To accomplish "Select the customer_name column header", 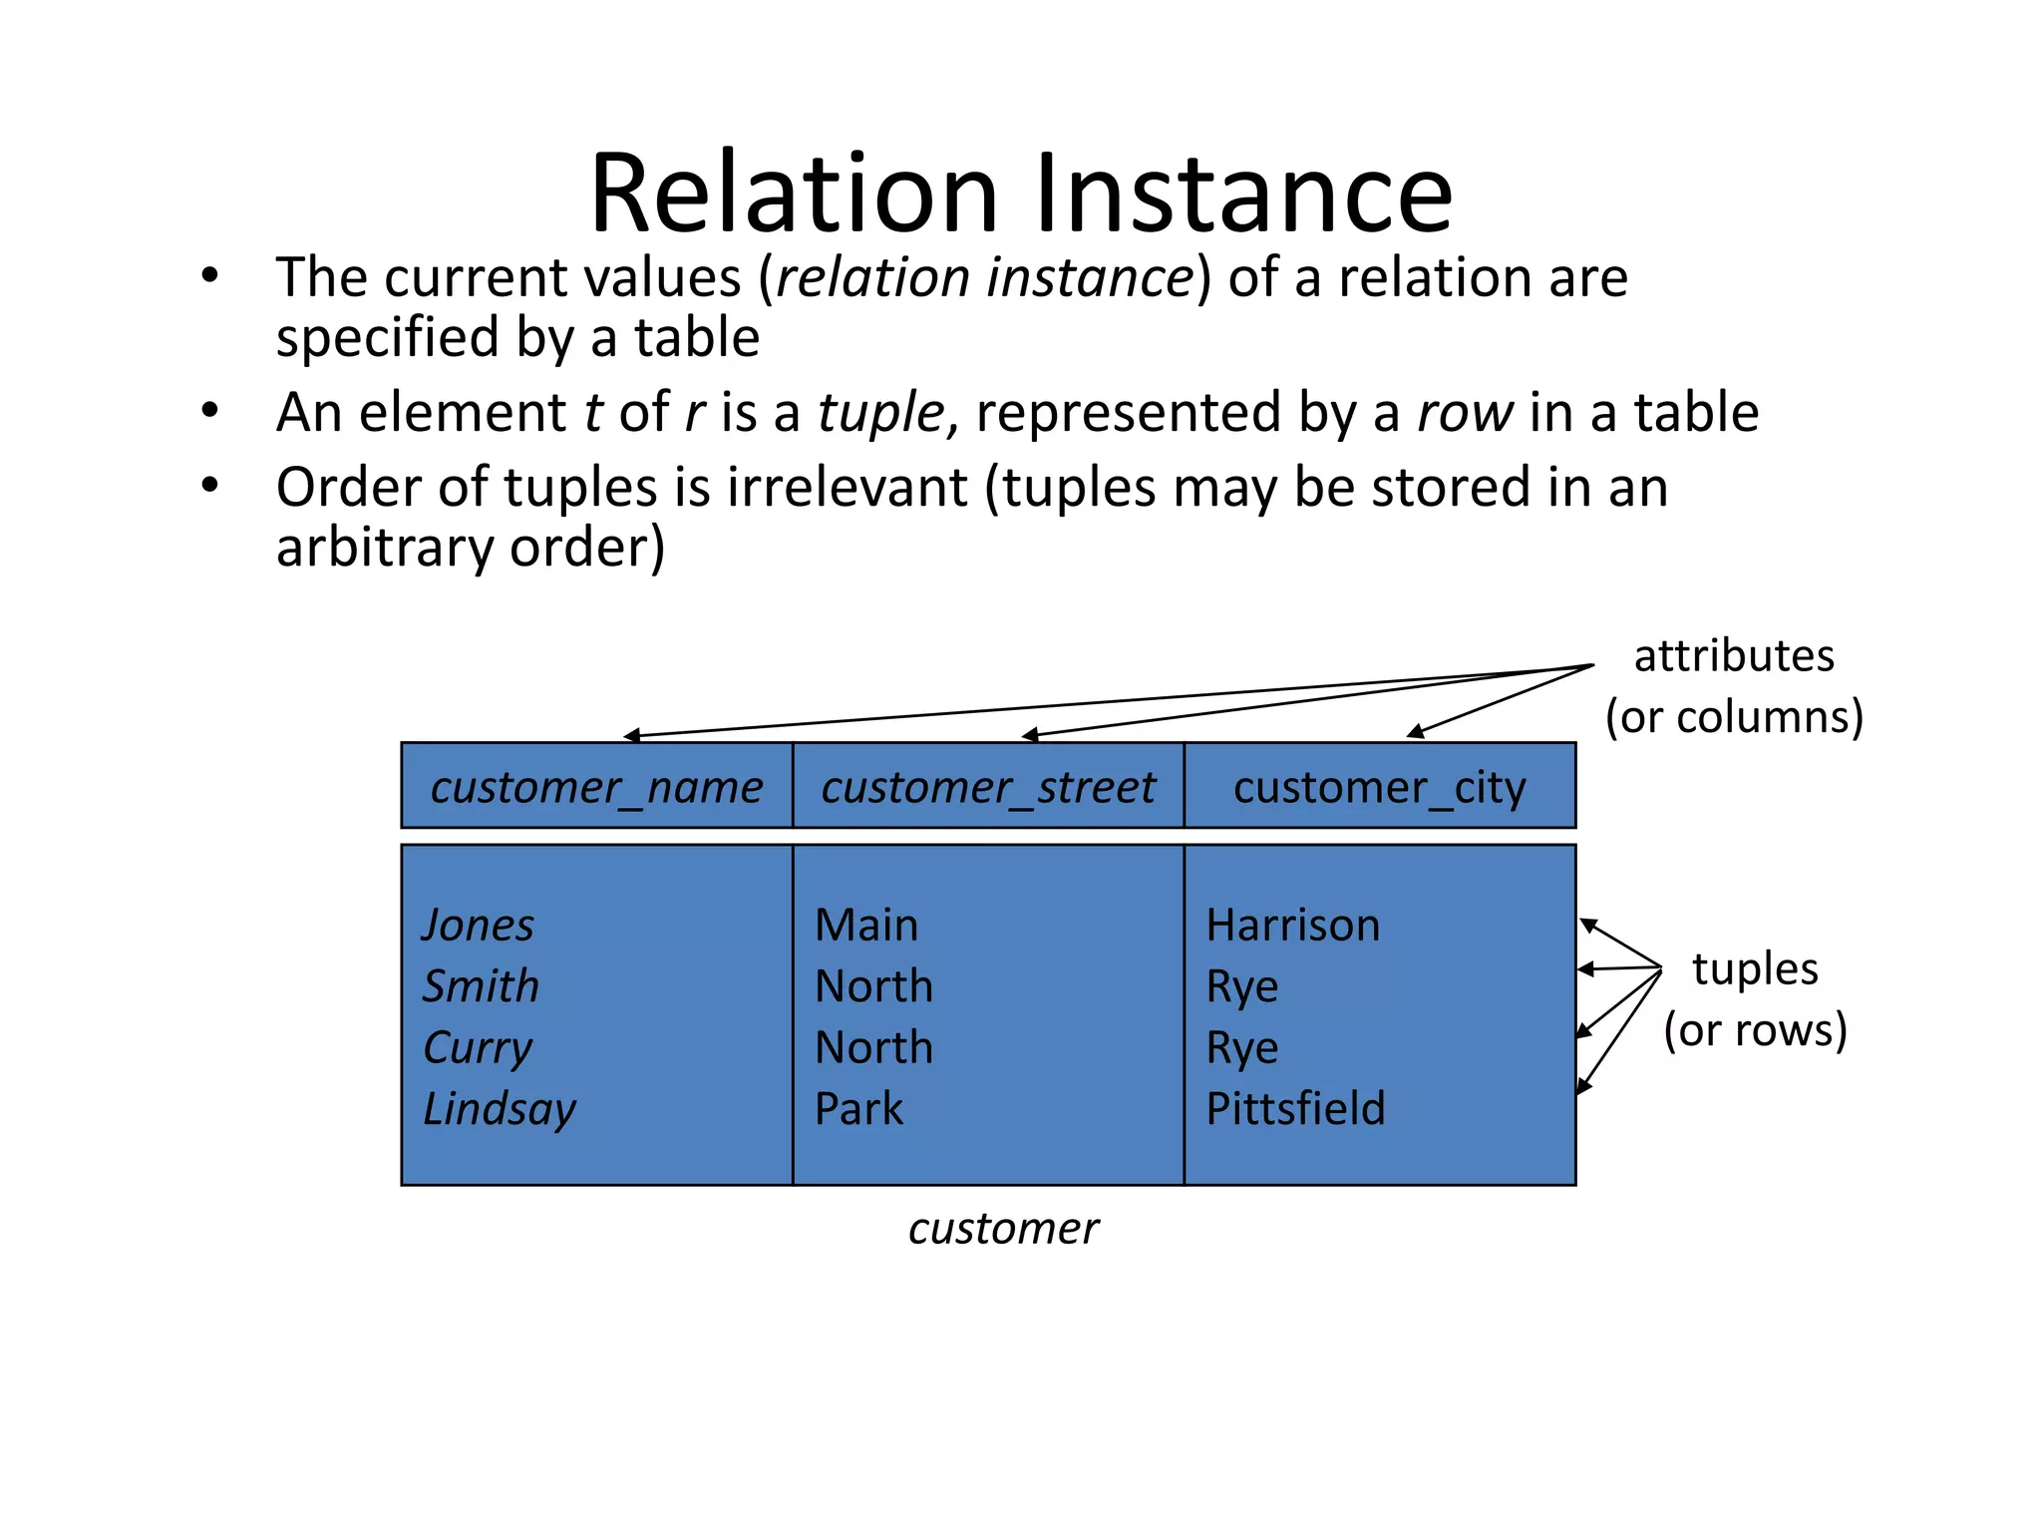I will [596, 787].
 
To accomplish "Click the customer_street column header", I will [987, 787].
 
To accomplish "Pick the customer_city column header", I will [1379, 787].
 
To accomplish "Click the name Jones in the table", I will [478, 925].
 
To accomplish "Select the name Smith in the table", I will [481, 985].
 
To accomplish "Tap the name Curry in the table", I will [478, 1047].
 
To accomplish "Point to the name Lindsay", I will [500, 1108].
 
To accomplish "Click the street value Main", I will [865, 925].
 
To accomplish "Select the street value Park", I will [858, 1108].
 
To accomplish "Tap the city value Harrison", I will [1292, 925].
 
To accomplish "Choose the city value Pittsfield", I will [1295, 1108].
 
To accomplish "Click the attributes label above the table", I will [1733, 656].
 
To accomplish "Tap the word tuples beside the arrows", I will [1755, 968].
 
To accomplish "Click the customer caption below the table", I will [1003, 1228].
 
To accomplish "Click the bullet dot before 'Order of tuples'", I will [208, 486].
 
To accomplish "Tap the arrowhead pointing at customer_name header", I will [630, 736].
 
